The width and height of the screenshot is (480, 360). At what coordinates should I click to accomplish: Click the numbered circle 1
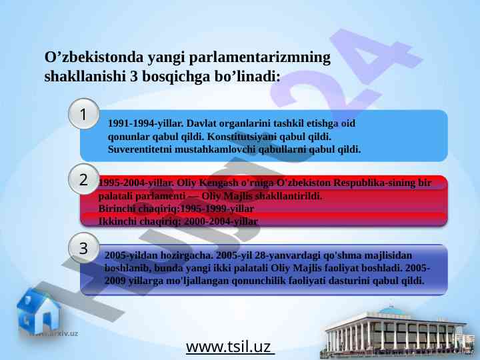(83, 114)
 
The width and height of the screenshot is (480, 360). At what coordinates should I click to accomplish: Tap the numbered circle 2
(83, 179)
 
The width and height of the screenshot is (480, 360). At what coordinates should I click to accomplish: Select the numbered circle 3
(83, 248)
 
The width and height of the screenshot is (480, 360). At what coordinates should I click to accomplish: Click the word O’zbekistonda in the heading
(94, 57)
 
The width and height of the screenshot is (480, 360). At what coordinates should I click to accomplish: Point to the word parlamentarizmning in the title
(259, 58)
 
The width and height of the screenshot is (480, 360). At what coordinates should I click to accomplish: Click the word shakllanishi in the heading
(85, 76)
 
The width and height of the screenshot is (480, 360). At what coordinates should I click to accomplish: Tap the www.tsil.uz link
(229, 347)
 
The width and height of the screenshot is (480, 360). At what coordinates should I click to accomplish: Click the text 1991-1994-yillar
(145, 123)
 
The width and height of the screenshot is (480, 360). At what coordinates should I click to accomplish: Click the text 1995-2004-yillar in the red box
(136, 183)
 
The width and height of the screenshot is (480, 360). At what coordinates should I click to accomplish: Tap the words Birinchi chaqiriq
(139, 209)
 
